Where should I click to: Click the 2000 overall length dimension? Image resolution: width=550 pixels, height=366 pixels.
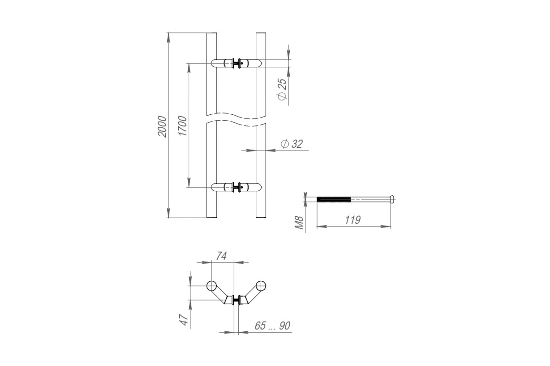coord(162,126)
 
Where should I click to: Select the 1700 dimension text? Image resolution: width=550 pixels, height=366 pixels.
coord(183,126)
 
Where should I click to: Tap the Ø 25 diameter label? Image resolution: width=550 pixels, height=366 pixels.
coord(282,89)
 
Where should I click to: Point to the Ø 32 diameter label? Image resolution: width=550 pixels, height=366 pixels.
coord(292,144)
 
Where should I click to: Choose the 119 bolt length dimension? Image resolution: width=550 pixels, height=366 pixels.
coord(353,220)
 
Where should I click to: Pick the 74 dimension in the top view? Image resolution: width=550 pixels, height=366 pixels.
coord(221,256)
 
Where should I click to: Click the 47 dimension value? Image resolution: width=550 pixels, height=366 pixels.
coord(184,320)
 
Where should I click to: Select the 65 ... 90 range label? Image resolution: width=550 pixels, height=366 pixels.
coord(273,326)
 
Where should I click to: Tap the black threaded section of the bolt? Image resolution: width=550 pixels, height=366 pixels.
coord(334,199)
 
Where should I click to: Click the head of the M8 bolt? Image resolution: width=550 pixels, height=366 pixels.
coord(392,199)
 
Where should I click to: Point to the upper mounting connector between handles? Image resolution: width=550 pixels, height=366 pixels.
coord(236,63)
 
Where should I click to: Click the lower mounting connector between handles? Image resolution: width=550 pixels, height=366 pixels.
coord(236,187)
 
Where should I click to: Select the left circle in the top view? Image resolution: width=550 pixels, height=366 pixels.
coord(211,286)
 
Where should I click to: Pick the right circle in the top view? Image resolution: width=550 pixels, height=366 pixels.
coord(261,286)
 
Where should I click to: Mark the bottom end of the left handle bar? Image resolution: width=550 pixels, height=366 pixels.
coord(212,217)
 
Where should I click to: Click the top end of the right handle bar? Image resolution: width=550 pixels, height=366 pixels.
coord(261,33)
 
